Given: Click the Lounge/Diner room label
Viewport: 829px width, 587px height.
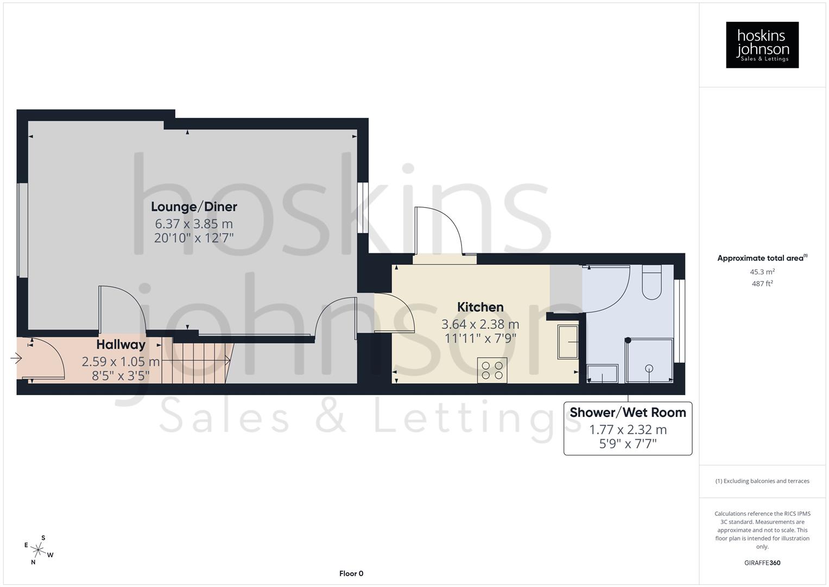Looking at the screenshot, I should tap(194, 207).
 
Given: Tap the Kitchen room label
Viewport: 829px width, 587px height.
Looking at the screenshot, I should tap(480, 307).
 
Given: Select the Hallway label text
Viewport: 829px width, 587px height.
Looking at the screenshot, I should tap(121, 345).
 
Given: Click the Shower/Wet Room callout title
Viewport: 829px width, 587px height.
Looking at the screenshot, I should tap(628, 413).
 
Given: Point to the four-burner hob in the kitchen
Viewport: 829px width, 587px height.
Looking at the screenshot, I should tap(492, 370).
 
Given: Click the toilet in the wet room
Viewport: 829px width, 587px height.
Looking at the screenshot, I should tap(651, 283).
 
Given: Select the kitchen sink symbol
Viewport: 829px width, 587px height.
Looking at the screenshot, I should tap(568, 342).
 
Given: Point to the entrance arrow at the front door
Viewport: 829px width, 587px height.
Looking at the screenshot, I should tap(16, 358).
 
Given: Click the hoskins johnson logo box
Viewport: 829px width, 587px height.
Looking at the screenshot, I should tap(762, 45).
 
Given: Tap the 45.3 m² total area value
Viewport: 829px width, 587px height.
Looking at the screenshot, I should tap(762, 272).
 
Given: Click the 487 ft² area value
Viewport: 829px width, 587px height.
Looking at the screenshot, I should tap(762, 283).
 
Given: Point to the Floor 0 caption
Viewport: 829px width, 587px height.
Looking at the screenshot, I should tap(351, 573).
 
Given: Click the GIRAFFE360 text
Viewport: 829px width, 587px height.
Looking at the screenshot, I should tap(762, 563).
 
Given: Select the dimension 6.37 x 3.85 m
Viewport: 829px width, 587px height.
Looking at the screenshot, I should tap(194, 223).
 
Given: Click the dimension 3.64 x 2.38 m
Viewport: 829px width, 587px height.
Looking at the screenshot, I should tap(480, 324).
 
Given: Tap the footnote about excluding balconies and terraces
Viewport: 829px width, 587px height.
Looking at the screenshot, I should tap(762, 481).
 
